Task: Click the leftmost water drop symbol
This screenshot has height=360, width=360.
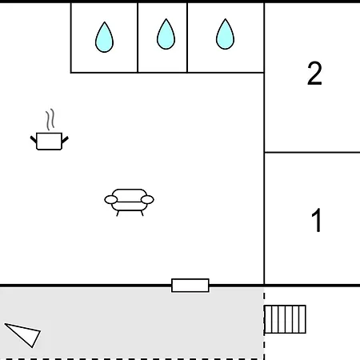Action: [104, 38]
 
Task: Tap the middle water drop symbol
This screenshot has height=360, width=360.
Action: [166, 34]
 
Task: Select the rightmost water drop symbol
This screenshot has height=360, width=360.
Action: [225, 34]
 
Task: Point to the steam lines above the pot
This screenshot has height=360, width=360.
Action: [50, 119]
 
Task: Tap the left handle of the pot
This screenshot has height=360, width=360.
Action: [34, 139]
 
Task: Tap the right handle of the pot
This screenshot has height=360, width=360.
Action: [65, 139]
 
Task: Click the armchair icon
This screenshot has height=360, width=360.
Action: [129, 202]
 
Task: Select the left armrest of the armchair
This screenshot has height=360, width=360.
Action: [111, 199]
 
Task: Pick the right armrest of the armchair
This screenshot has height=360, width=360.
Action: [147, 199]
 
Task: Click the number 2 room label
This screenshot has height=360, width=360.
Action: [314, 74]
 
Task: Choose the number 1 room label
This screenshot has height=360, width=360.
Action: [317, 220]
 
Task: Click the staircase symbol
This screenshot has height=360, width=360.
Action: [285, 319]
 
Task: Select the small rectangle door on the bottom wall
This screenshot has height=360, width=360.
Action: [190, 286]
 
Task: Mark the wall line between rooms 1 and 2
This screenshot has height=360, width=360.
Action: [312, 152]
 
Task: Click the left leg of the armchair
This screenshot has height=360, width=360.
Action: [118, 213]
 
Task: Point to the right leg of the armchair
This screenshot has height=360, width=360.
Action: [142, 213]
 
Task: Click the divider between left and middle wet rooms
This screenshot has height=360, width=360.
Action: [138, 38]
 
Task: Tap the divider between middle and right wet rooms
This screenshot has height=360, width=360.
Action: [187, 38]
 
